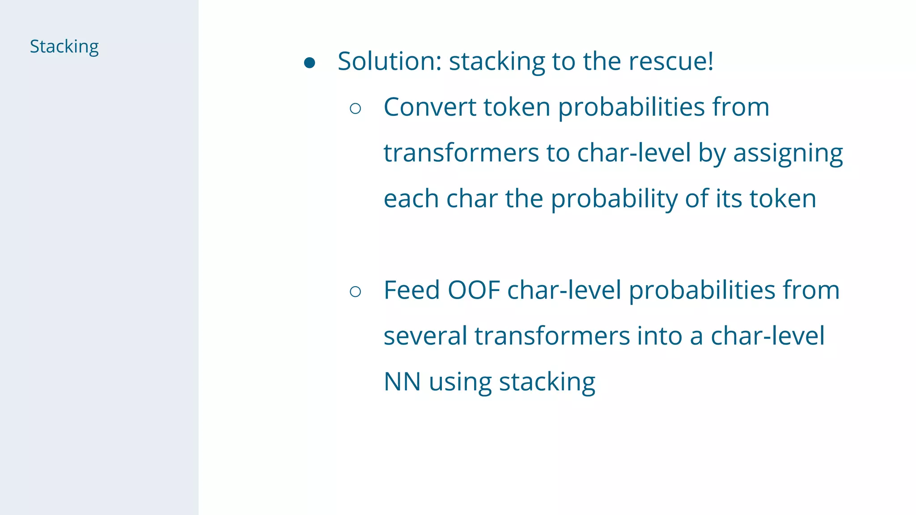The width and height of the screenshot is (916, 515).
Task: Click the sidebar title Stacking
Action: [64, 47]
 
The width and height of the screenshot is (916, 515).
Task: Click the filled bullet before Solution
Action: [310, 63]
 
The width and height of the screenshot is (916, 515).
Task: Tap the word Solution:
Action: [390, 61]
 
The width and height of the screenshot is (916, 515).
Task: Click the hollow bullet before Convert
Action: [356, 109]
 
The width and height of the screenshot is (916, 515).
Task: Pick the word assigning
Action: [788, 154]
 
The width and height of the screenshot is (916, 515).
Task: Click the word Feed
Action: [411, 290]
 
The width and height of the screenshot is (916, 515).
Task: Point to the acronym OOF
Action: [474, 290]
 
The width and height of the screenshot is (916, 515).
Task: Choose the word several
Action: [425, 336]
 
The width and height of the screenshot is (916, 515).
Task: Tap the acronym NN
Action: [402, 382]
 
